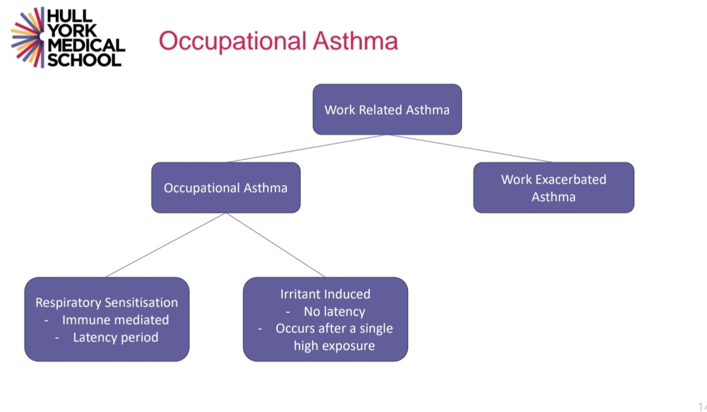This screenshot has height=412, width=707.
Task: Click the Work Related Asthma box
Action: click(x=387, y=109)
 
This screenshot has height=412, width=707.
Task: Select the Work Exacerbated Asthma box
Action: click(x=553, y=188)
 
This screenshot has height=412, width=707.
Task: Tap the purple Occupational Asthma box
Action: click(x=226, y=188)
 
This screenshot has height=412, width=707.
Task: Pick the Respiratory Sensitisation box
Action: click(x=107, y=319)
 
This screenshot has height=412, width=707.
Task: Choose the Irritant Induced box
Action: click(x=325, y=319)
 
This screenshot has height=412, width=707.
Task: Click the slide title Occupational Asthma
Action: click(x=278, y=41)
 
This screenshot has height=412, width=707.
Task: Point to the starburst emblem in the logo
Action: click(x=28, y=37)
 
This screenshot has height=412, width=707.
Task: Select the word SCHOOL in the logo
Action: click(x=85, y=60)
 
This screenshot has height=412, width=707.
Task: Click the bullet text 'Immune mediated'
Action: click(x=115, y=320)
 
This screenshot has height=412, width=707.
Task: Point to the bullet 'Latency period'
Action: click(x=115, y=337)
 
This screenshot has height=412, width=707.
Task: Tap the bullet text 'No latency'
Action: click(x=334, y=311)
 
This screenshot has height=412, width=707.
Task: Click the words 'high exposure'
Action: click(x=334, y=345)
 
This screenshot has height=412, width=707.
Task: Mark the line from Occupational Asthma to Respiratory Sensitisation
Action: click(x=166, y=245)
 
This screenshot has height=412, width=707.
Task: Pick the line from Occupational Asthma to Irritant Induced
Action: click(x=275, y=245)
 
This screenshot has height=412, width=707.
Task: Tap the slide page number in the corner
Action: click(x=702, y=407)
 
